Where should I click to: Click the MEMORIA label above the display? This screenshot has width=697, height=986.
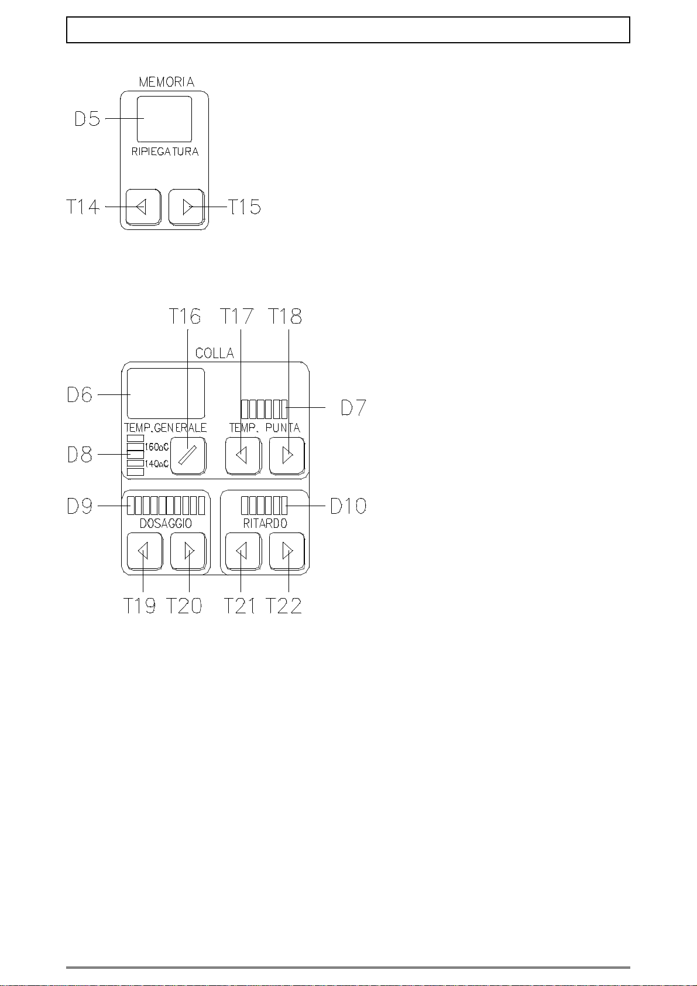[x=167, y=82]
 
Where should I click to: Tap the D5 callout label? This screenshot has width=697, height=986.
[x=87, y=119]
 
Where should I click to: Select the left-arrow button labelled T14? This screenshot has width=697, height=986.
[x=143, y=207]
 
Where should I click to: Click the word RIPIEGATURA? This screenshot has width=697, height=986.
[x=165, y=152]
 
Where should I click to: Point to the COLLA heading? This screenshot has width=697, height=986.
[x=215, y=353]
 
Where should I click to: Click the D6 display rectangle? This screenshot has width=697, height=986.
[x=166, y=393]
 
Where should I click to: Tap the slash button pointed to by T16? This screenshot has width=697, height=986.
[x=188, y=455]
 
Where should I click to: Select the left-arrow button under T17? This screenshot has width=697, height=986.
[x=243, y=455]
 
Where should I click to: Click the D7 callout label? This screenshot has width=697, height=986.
[x=353, y=407]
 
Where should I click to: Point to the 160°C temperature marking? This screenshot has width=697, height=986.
[x=157, y=447]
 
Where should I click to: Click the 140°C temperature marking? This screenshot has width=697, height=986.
[x=157, y=464]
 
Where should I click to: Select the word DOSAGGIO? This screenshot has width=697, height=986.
[x=166, y=524]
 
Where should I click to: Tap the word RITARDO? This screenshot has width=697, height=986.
[x=265, y=524]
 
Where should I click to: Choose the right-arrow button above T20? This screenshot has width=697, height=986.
[x=188, y=551]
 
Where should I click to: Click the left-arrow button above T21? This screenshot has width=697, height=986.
[x=243, y=551]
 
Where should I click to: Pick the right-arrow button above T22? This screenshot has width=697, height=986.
[x=287, y=551]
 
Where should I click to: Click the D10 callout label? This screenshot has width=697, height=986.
[x=349, y=506]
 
